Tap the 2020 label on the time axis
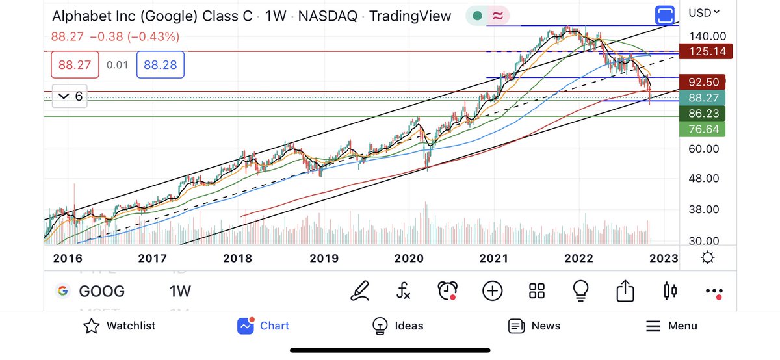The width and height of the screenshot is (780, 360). pyautogui.click(x=409, y=259)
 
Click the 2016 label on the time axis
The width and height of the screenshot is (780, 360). pyautogui.click(x=68, y=259)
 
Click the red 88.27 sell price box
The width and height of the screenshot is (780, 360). pyautogui.click(x=75, y=65)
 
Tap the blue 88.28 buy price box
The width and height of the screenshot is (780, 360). pyautogui.click(x=164, y=65)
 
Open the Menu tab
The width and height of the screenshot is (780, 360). pyautogui.click(x=671, y=326)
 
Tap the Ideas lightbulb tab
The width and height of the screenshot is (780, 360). pyautogui.click(x=397, y=326)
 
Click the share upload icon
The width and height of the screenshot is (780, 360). pyautogui.click(x=624, y=290)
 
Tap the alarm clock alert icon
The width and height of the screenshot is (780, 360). pyautogui.click(x=447, y=290)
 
